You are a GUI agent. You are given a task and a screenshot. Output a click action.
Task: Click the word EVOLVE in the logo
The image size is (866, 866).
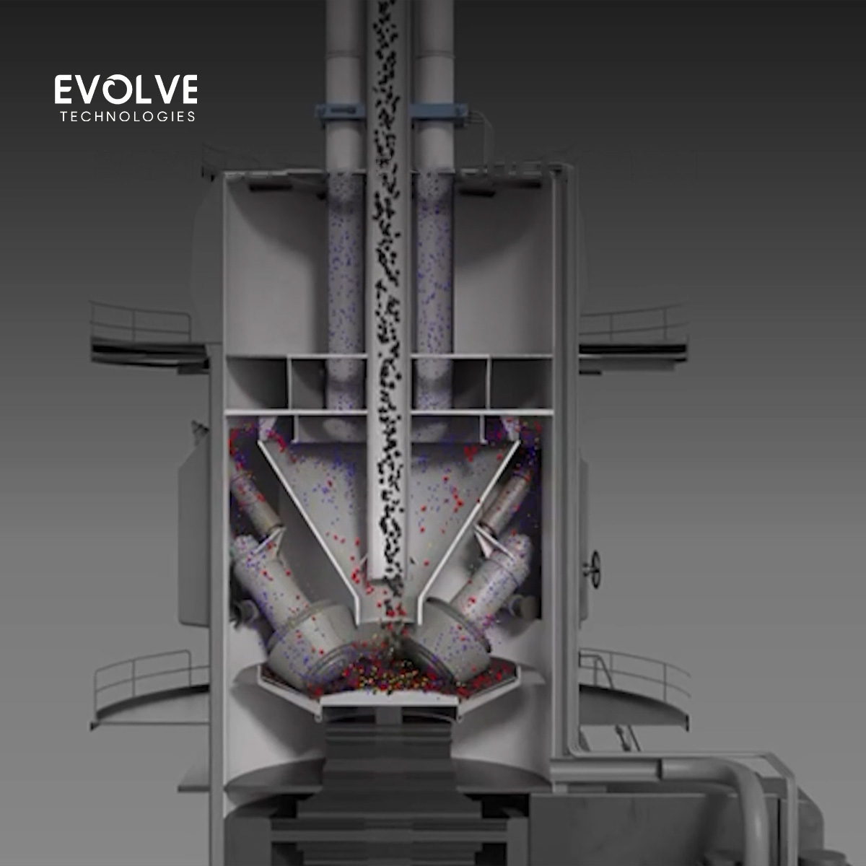tap(126, 89)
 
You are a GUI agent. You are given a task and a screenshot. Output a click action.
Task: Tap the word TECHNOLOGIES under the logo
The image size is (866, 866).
tap(128, 117)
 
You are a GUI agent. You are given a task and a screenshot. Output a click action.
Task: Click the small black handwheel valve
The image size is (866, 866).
tap(594, 569)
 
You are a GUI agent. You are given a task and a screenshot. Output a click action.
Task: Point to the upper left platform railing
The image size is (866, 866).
tap(140, 323)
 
